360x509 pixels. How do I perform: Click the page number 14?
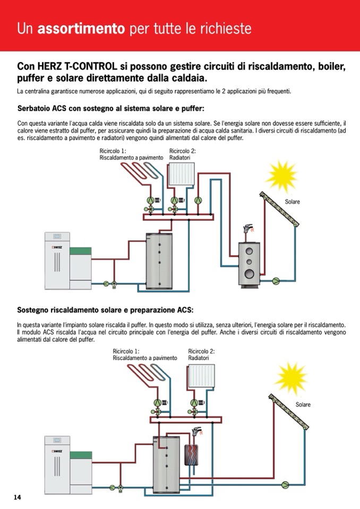pos(18,497)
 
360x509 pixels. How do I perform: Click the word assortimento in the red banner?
pos(81,28)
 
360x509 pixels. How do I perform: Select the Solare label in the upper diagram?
pos(292,202)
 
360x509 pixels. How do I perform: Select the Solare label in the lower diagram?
pos(303,404)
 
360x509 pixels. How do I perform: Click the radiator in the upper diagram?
pos(181,172)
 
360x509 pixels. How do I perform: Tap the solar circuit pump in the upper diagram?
pos(276,280)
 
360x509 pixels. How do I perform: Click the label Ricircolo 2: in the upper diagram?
pos(182,151)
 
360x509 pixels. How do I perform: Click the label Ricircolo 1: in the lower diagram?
pos(126,351)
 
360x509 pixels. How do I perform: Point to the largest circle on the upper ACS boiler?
pos(248,273)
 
